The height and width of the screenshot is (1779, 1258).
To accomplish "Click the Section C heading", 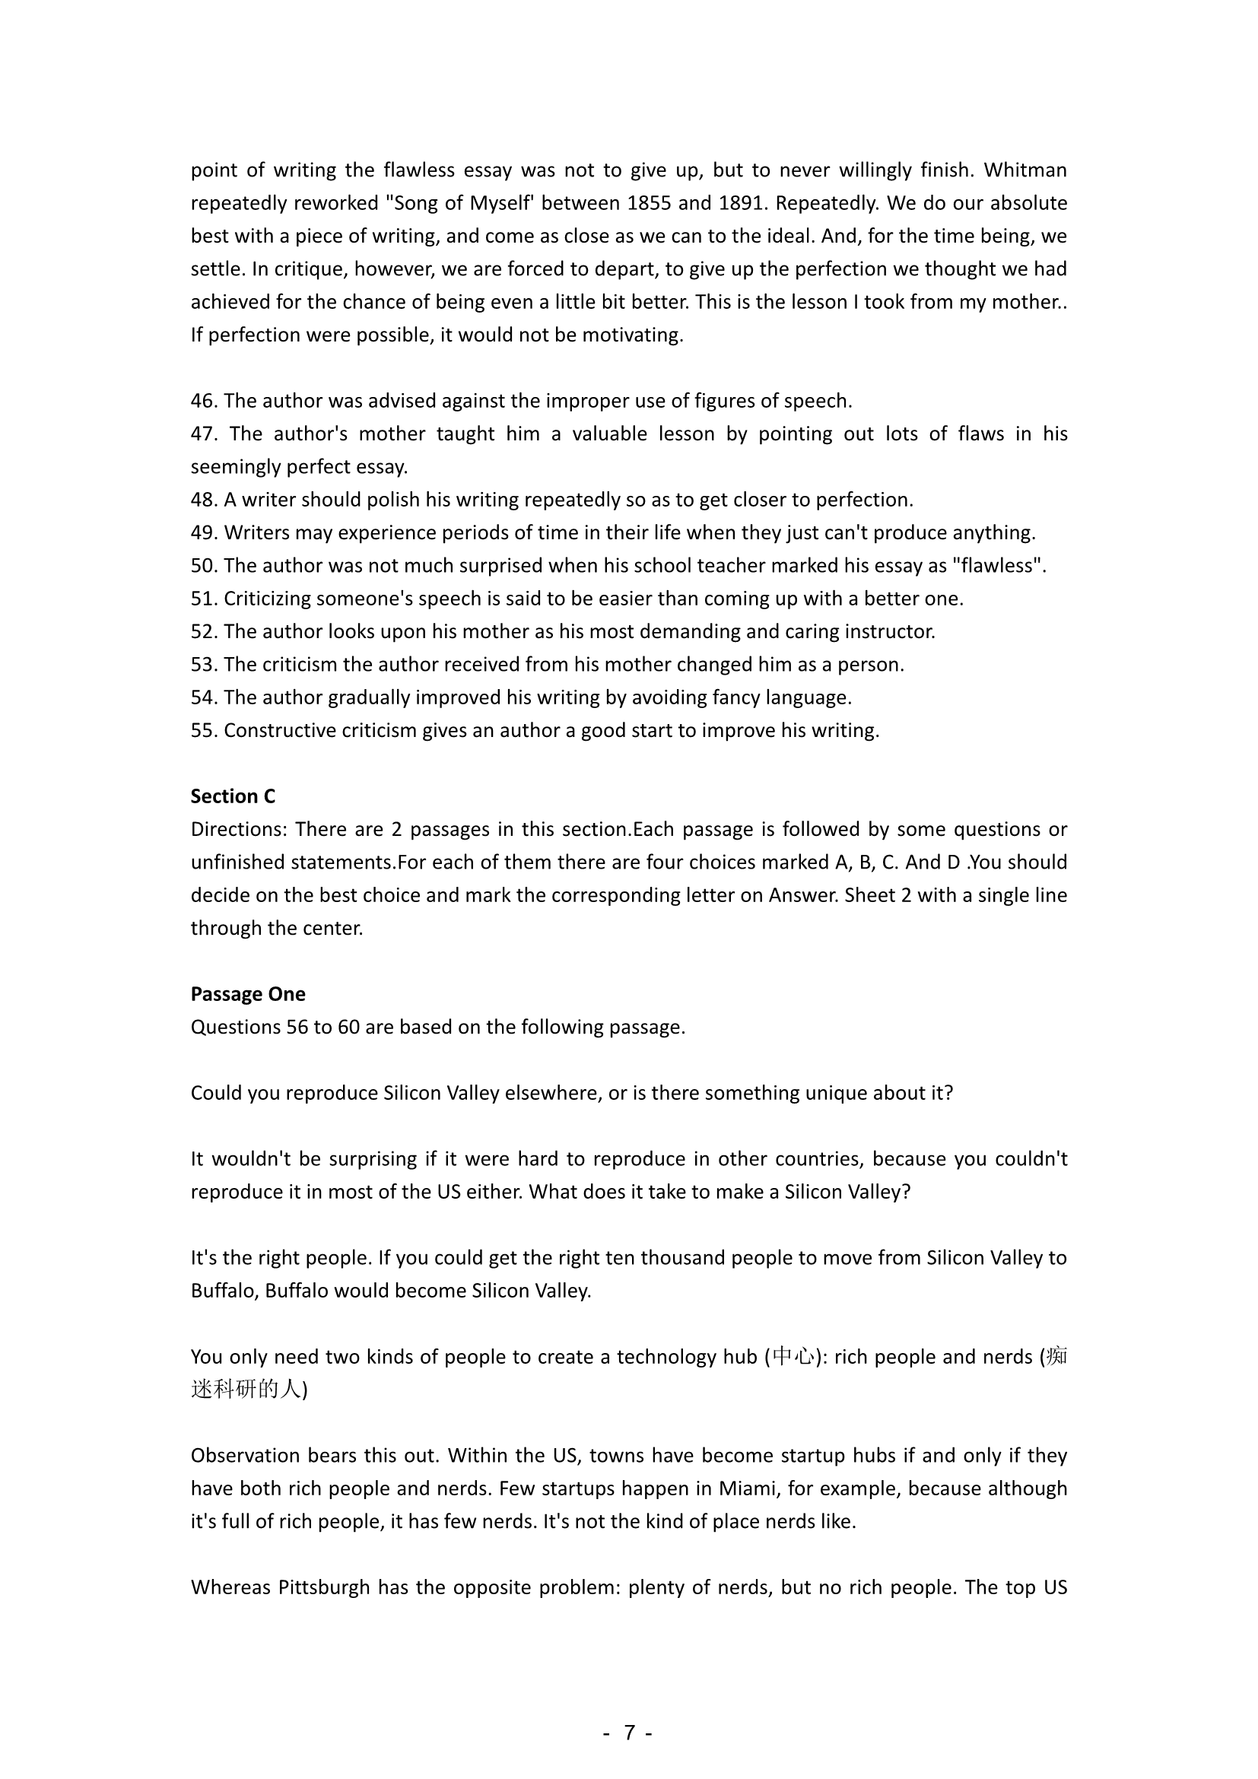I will (x=233, y=796).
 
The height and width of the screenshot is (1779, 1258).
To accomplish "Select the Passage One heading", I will (x=248, y=994).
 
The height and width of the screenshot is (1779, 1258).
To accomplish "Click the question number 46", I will (x=204, y=402).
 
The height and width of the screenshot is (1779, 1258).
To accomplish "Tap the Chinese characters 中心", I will (x=793, y=1358).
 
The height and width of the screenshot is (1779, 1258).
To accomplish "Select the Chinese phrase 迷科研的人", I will (x=246, y=1390).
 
